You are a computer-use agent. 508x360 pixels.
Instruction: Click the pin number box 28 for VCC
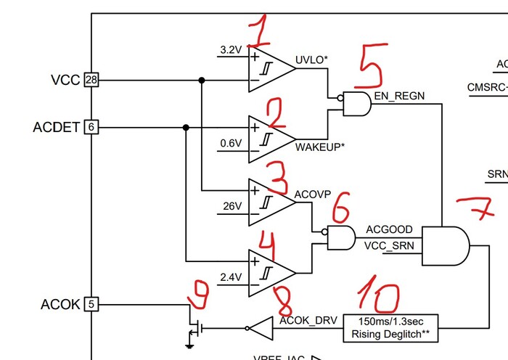91,80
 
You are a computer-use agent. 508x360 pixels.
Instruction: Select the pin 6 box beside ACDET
91,127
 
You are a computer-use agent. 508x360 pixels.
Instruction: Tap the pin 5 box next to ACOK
91,304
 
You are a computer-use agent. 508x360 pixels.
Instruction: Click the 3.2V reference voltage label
230,50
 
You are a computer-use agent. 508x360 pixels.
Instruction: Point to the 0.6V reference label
230,143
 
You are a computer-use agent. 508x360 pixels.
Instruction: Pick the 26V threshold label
232,206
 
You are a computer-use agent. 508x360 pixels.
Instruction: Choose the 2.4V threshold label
230,277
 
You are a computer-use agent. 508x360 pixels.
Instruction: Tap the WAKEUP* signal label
320,147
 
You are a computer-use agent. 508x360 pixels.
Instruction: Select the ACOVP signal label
313,194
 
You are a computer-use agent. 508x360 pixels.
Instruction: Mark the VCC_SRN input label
389,245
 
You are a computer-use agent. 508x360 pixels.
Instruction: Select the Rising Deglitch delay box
391,328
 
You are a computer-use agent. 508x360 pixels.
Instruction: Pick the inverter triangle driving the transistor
261,329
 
